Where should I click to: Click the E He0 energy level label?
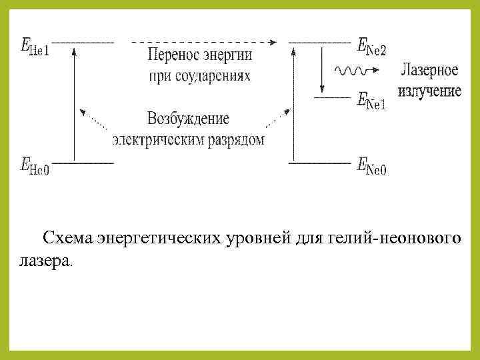pos(35,165)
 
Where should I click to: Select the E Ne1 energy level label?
pos(371,101)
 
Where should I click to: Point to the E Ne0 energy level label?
pos(371,165)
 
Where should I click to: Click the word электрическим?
pos(151,139)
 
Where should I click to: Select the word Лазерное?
pos(429,70)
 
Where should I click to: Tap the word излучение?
pos(429,90)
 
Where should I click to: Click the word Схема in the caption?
pos(67,238)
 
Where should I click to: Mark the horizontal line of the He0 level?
pos(83,161)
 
